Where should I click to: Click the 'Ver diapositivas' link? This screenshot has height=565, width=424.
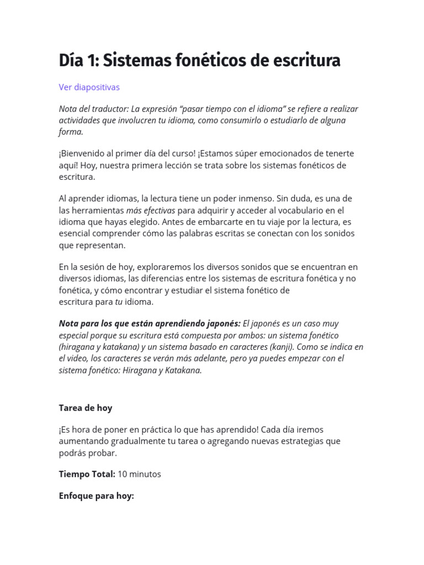tap(89, 87)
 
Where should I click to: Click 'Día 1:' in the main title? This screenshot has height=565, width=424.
tap(78, 61)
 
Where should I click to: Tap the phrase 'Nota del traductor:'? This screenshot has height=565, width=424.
tap(93, 109)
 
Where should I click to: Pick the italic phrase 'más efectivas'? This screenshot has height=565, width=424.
tap(151, 210)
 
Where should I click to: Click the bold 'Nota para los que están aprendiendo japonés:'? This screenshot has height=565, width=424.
tap(150, 323)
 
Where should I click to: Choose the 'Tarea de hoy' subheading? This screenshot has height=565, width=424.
tap(86, 408)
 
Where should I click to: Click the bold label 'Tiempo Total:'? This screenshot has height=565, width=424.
tap(87, 474)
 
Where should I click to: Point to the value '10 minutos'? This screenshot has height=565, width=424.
tap(139, 474)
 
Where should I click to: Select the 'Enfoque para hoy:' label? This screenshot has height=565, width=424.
tap(96, 496)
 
